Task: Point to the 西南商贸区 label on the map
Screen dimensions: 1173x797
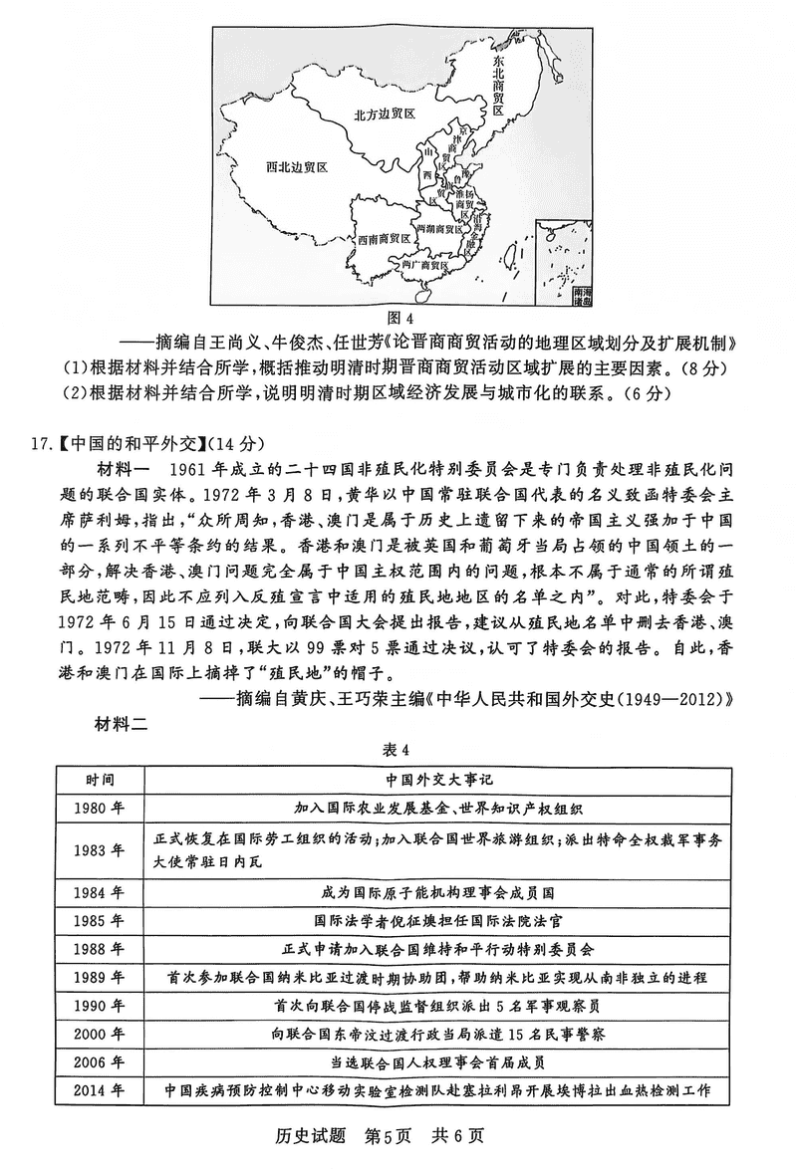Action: pyautogui.click(x=386, y=240)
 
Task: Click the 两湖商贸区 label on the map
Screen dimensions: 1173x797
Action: pyautogui.click(x=446, y=227)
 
